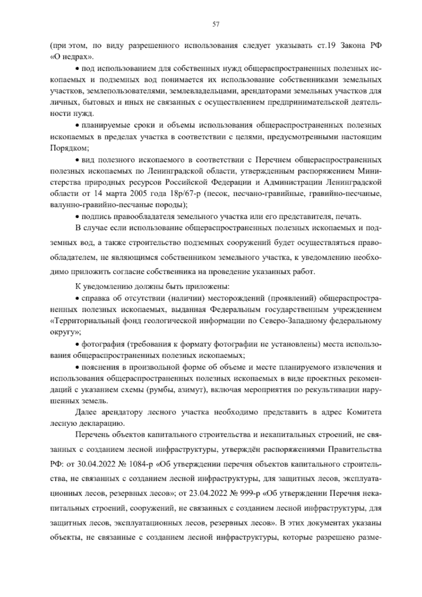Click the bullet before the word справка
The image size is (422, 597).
click(78, 299)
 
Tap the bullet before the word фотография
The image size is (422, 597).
click(78, 344)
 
